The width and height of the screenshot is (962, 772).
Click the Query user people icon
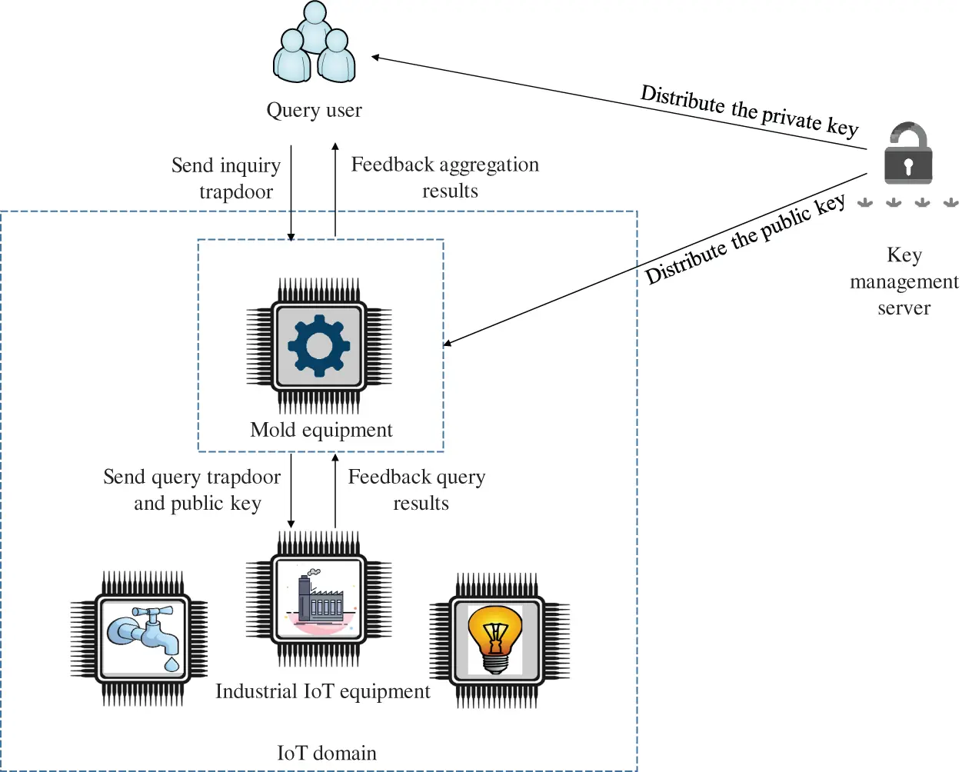315,44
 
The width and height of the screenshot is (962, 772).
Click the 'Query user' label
314,111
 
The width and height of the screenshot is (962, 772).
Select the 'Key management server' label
904,281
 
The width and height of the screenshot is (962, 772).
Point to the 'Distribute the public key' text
744,239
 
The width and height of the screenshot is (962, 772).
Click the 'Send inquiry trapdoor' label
227,178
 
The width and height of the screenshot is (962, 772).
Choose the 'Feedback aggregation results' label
445,178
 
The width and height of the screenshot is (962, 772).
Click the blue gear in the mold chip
318,345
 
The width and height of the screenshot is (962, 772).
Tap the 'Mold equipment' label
321,430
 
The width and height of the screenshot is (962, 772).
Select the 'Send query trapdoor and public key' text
193,490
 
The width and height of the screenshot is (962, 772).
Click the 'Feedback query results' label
418,490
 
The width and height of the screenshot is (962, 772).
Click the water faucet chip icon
142,637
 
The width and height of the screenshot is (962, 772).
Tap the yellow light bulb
496,637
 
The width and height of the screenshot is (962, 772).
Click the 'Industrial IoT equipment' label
323,691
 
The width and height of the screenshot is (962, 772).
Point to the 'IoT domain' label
327,753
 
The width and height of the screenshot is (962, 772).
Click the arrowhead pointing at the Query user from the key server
376,57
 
